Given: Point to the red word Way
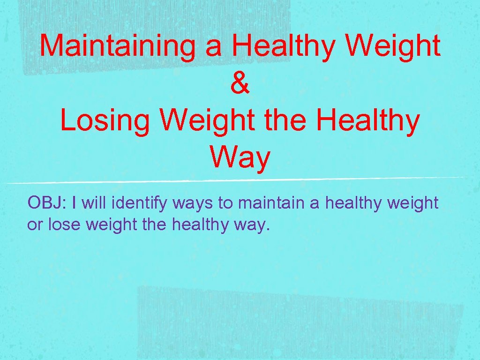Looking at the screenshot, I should click(240, 158).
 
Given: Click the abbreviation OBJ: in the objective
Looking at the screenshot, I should click(47, 203).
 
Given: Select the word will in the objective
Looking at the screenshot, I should click(94, 203).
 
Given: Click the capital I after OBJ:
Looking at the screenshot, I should click(75, 203).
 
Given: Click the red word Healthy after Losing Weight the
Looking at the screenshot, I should click(368, 120).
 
